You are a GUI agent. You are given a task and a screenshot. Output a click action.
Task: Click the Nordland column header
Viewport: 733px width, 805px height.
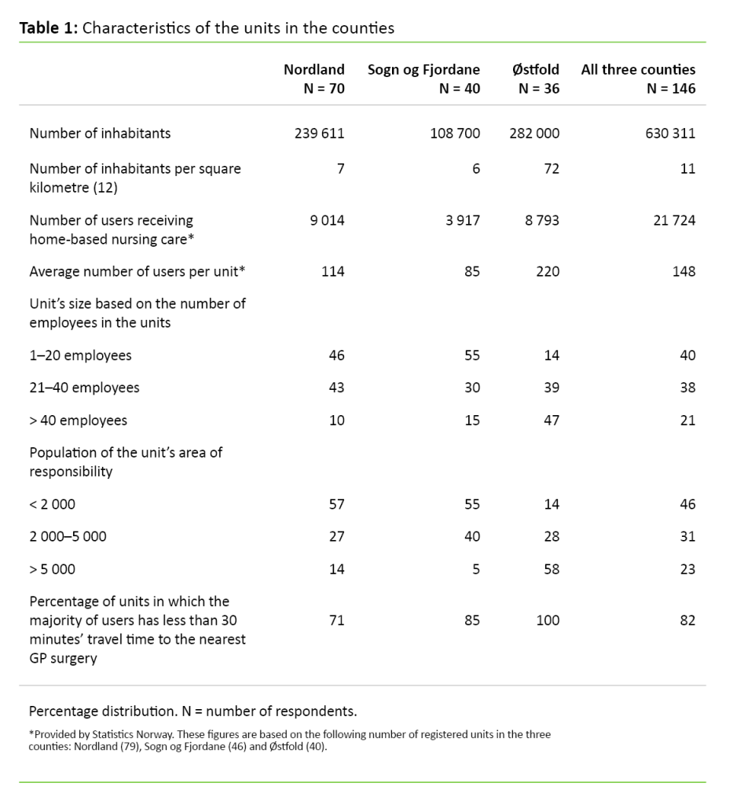click(313, 70)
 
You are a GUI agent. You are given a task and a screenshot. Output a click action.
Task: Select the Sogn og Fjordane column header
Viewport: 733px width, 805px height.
click(423, 70)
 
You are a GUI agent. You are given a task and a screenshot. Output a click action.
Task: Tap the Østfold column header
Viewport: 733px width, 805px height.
click(536, 70)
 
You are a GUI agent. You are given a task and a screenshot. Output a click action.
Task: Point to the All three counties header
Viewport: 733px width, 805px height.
click(638, 70)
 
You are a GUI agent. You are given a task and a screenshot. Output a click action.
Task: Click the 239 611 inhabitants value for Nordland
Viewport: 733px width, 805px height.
click(319, 134)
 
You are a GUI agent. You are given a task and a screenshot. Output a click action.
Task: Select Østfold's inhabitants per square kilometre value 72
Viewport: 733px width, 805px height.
click(551, 169)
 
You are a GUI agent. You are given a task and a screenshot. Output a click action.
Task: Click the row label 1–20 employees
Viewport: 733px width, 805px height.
click(80, 356)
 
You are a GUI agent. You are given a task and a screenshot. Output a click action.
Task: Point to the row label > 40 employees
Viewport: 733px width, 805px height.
click(78, 421)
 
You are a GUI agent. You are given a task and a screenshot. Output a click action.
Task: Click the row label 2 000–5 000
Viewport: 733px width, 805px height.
click(68, 537)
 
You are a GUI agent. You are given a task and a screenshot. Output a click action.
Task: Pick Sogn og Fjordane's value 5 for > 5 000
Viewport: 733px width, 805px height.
click(475, 569)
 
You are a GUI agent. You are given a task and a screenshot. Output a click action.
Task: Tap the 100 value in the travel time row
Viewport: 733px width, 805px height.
click(548, 621)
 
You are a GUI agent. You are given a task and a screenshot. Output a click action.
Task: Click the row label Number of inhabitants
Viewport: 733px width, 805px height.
click(100, 134)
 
